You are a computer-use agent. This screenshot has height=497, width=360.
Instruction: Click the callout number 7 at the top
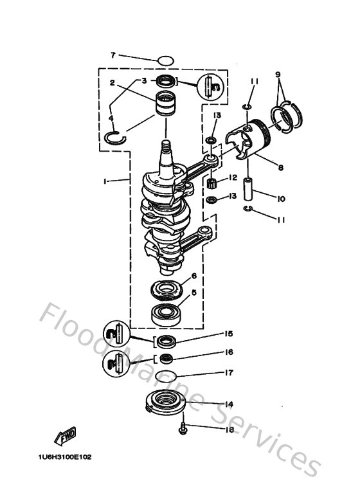(113, 55)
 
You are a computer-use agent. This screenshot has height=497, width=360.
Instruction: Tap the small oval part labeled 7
(166, 61)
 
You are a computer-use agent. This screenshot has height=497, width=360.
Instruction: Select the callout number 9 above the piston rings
(278, 75)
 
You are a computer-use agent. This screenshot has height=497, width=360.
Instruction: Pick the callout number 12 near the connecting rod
(233, 177)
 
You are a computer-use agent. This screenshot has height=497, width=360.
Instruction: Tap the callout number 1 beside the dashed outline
(104, 181)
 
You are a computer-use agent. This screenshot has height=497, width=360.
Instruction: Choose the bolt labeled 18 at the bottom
(184, 428)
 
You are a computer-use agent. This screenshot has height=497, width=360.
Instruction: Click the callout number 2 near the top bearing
(113, 83)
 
